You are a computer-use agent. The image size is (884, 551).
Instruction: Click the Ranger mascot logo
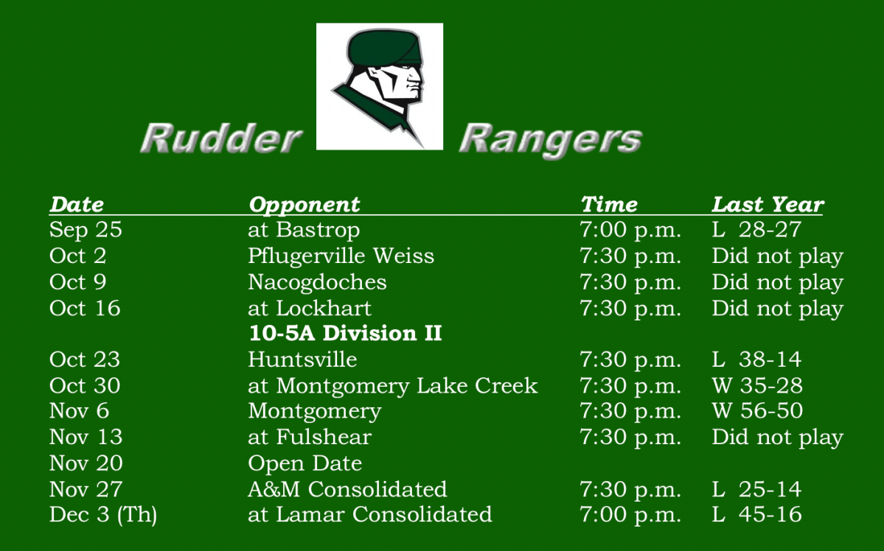point(380,86)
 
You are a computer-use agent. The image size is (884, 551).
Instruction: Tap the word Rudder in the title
point(221,138)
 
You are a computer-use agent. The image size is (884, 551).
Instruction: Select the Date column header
point(77,204)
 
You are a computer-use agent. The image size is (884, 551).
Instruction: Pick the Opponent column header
point(304,204)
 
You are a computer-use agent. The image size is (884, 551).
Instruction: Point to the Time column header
point(609,204)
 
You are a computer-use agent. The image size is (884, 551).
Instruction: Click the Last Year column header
point(768,204)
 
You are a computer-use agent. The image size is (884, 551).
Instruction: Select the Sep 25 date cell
point(86,230)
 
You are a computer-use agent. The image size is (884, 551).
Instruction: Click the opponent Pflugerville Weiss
point(341,256)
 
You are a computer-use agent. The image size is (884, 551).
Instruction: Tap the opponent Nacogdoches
point(317,282)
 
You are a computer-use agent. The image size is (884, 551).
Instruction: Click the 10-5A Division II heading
point(345,333)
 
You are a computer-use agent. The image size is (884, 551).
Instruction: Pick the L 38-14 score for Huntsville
point(756,359)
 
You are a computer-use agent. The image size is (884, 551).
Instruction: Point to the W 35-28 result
point(757,385)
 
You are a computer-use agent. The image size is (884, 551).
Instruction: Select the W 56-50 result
point(757,410)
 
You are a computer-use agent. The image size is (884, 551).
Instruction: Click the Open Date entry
point(304,463)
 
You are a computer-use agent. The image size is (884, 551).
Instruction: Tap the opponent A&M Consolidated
point(347,489)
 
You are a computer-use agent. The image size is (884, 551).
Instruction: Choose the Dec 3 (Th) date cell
point(103,514)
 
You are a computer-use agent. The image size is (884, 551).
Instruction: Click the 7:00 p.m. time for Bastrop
point(630,230)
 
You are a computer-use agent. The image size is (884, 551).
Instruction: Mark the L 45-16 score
point(756,514)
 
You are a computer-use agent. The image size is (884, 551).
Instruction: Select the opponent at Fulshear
point(310,437)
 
